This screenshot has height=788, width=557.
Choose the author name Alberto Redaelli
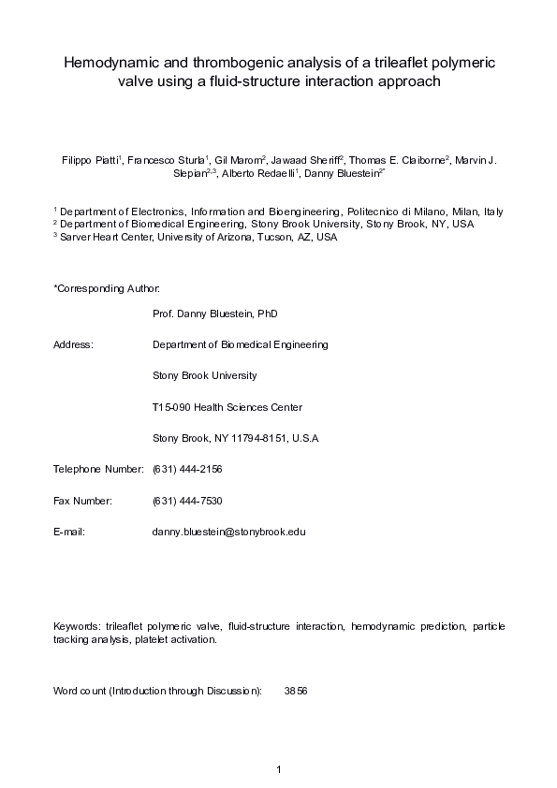point(257,173)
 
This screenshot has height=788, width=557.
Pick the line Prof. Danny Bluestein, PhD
point(214,314)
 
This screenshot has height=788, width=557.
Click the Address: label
point(74,344)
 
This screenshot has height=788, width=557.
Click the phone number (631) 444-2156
point(186,469)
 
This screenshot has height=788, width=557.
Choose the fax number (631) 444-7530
point(186,501)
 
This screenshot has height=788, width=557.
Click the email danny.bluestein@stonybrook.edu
point(228,532)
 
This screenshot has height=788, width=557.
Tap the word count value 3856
point(296,692)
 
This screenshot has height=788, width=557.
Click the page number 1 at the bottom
point(279,769)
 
